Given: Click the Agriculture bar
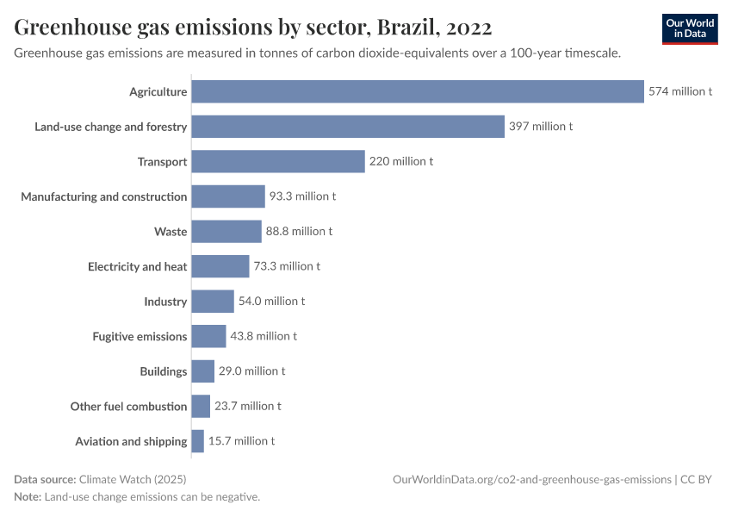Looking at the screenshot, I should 418,91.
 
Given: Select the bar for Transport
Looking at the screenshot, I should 278,161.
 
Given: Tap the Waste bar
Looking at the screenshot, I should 226,231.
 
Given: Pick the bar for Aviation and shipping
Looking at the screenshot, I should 197,441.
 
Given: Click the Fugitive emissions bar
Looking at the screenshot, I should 208,336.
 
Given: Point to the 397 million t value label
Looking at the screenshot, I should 540,127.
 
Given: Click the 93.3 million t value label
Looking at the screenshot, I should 302,196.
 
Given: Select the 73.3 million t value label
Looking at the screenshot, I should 287,266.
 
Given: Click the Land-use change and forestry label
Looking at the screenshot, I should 110,127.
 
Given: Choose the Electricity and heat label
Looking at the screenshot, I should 137,266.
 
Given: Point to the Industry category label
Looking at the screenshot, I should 165,302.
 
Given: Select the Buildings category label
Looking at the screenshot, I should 163,371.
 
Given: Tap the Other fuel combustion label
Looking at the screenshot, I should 128,406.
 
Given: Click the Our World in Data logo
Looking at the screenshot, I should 689,28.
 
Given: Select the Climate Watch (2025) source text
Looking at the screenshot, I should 132,479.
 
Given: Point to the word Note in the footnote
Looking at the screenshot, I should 27,497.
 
